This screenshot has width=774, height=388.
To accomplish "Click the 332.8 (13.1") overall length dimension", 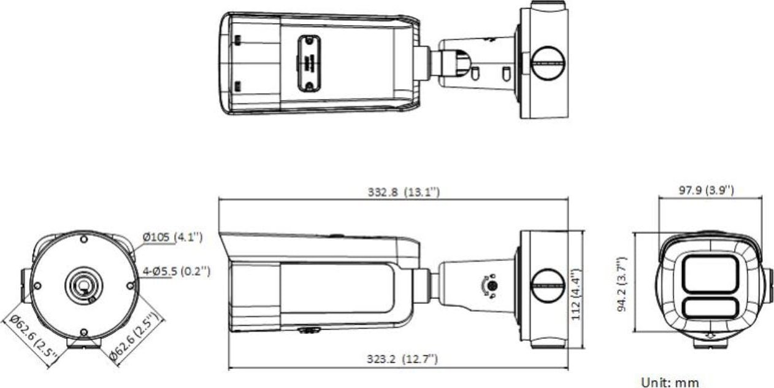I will point(404,192).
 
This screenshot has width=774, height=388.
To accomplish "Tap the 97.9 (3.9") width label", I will point(706,190).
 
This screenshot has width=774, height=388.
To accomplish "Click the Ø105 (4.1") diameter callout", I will point(172,237).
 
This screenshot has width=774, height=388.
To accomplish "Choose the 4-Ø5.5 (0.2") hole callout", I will point(176,271).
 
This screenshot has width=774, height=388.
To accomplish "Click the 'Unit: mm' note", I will point(670,382).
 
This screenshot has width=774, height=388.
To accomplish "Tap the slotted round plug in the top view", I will point(547,63).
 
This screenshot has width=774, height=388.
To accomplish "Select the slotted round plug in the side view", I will point(547,286).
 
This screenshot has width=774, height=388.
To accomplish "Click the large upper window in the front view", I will point(710,274).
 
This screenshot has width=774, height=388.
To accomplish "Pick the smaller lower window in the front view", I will point(710,307).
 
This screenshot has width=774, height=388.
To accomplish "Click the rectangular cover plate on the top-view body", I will point(309,63).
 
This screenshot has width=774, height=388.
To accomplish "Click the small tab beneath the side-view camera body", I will point(310,330).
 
